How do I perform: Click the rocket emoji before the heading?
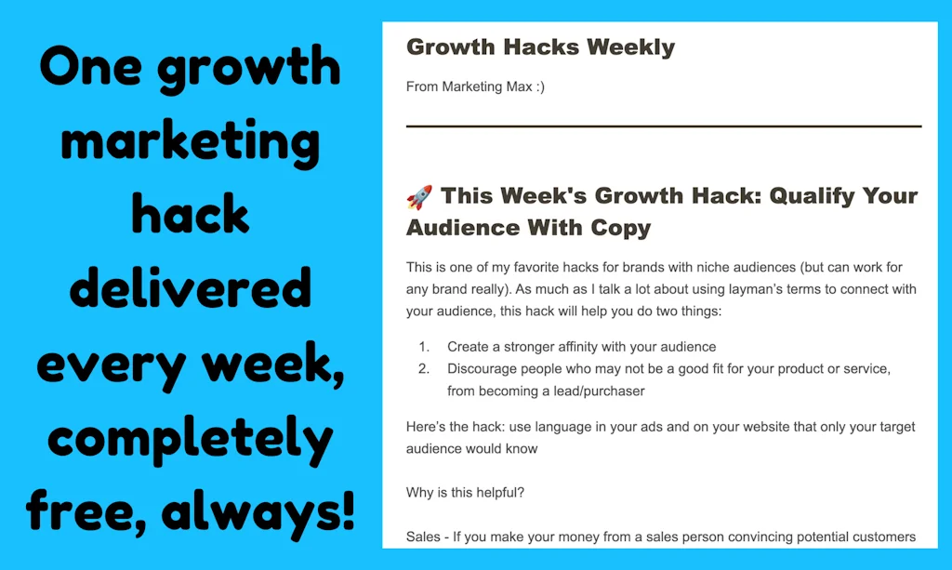click(x=419, y=197)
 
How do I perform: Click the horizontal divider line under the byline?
click(x=663, y=126)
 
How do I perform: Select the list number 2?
click(x=423, y=369)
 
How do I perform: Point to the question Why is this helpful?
click(x=465, y=493)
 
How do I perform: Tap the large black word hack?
click(x=190, y=216)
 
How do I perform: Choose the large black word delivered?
click(x=190, y=288)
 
